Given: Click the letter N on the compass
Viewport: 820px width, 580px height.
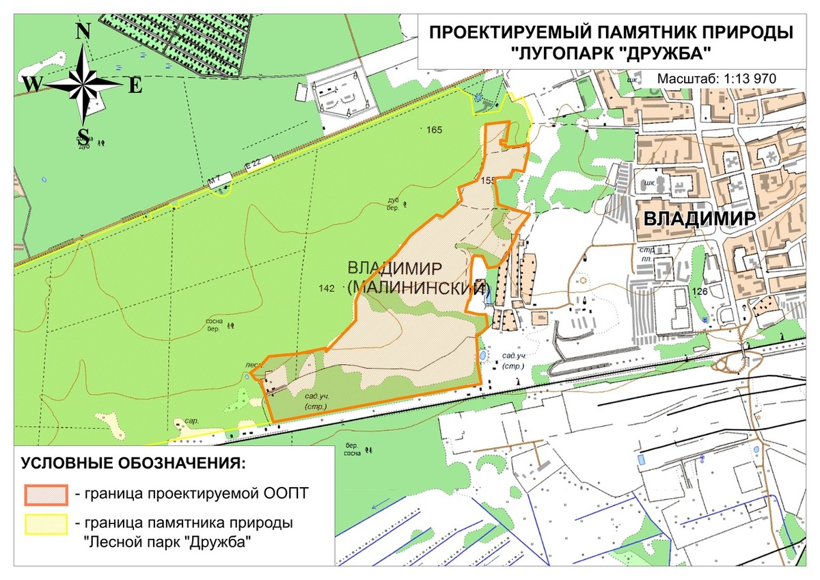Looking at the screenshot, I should (x=83, y=31).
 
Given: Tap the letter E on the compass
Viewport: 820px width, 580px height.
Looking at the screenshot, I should (x=135, y=85).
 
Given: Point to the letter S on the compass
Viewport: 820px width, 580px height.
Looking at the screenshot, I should (x=83, y=135).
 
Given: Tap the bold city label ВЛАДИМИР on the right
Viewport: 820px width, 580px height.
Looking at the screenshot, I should (x=699, y=218).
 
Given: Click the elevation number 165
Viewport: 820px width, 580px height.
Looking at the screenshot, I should (x=434, y=129).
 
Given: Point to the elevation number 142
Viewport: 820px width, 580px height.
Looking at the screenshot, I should (x=327, y=289).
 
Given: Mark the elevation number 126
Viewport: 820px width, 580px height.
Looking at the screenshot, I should (x=700, y=291).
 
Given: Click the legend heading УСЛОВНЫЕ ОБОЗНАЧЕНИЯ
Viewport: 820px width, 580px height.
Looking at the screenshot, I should (x=133, y=464).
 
